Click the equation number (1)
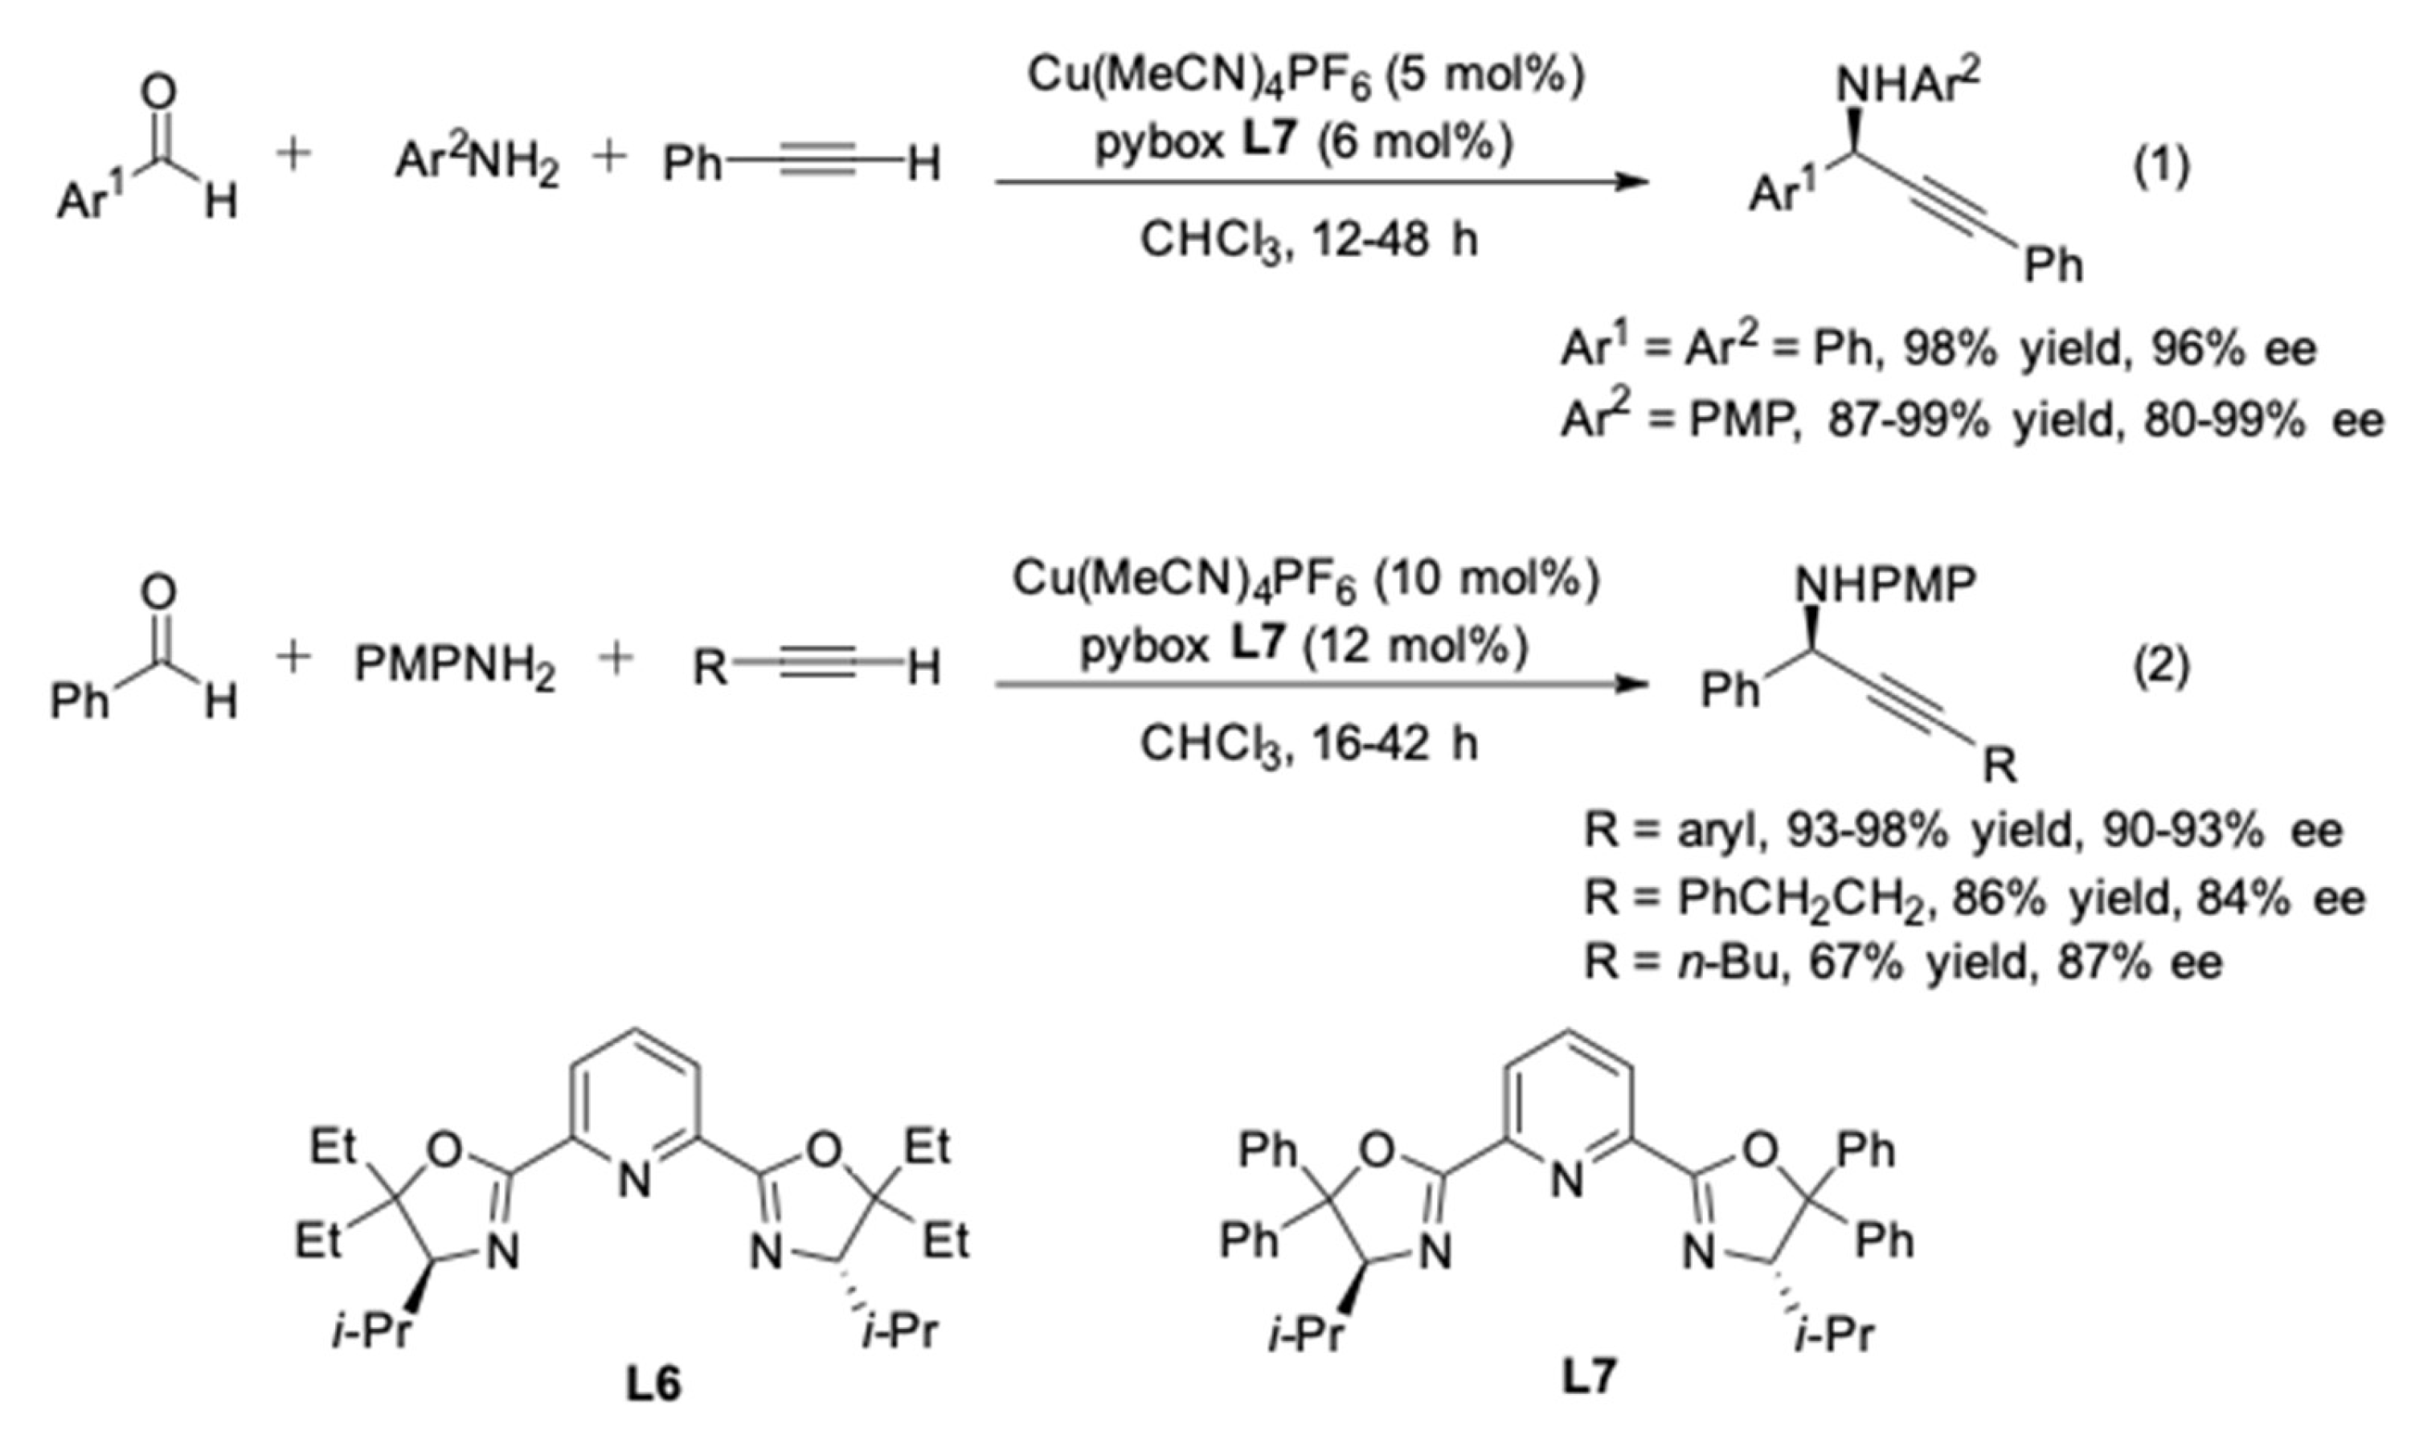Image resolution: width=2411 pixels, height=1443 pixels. [2161, 168]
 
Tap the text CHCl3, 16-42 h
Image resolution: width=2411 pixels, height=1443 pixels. [1308, 745]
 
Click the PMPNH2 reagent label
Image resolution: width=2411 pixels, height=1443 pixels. [454, 667]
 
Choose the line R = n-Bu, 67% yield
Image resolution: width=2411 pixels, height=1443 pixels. [1902, 963]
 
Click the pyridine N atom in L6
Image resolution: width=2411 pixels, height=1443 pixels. [634, 1181]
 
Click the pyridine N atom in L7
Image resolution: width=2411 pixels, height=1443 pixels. [1566, 1181]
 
